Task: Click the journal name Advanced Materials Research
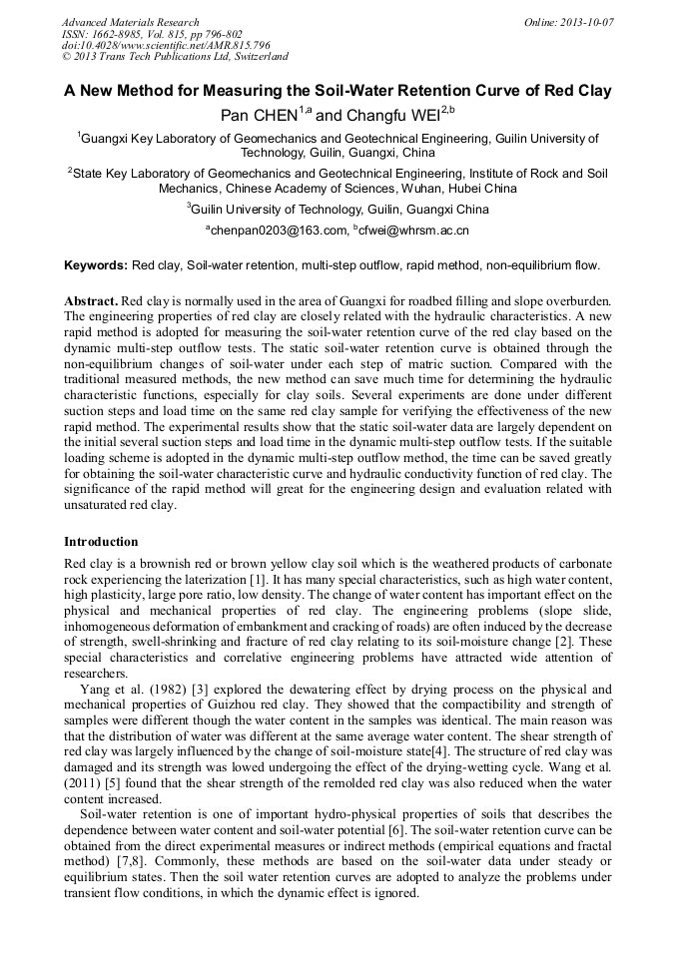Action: [130, 22]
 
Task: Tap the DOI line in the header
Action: [166, 45]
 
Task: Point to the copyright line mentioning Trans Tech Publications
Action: [175, 57]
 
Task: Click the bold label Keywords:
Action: [96, 266]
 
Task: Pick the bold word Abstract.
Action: [91, 300]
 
